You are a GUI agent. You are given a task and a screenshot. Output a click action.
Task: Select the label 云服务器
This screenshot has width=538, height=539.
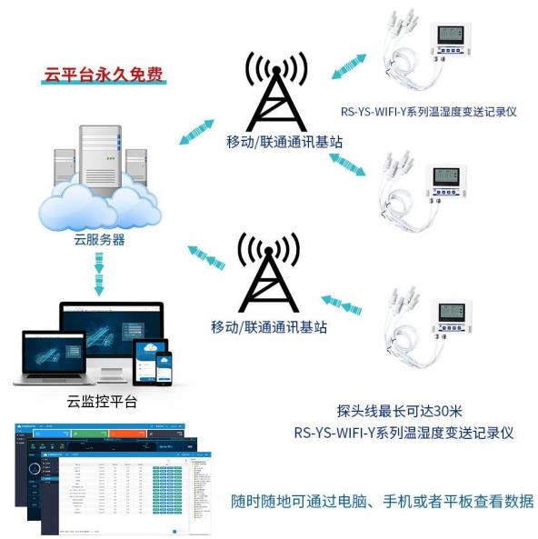click(99, 240)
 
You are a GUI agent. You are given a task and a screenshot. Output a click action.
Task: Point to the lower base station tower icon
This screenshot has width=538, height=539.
click(270, 272)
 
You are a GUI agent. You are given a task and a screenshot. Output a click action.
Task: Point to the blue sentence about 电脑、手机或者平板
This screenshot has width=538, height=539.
click(383, 501)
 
